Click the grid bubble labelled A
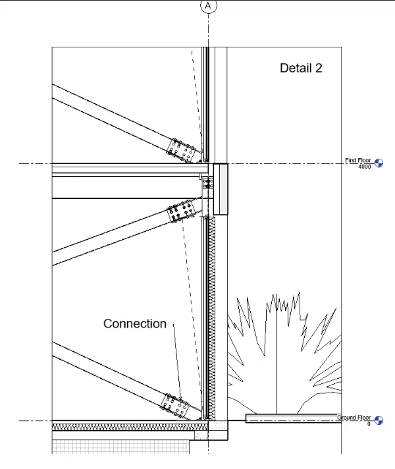click(209, 5)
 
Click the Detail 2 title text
click(301, 68)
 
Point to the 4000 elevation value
click(365, 167)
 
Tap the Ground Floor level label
click(354, 418)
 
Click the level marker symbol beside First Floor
click(379, 163)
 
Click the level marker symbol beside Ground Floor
click(379, 420)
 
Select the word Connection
click(135, 323)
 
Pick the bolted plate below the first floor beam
click(182, 212)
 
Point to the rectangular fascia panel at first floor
click(221, 190)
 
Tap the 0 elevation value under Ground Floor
click(369, 424)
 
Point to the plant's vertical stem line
click(277, 369)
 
